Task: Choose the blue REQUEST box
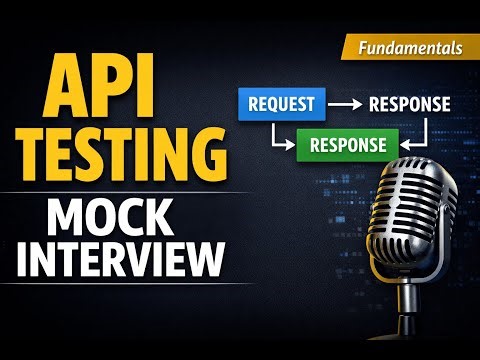click(x=281, y=103)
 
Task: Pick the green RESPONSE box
click(x=341, y=144)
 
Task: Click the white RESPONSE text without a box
click(x=409, y=104)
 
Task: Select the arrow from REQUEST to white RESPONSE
click(x=346, y=104)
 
